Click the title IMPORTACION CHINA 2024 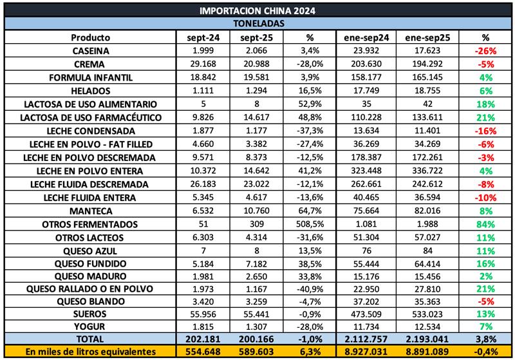pyautogui.click(x=257, y=11)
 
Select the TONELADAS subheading pyautogui.click(x=257, y=23)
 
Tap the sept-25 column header pyautogui.click(x=257, y=37)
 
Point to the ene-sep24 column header pyautogui.click(x=366, y=37)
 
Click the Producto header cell pyautogui.click(x=91, y=37)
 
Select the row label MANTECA pyautogui.click(x=91, y=211)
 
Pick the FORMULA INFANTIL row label pyautogui.click(x=91, y=77)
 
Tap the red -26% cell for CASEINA pyautogui.click(x=484, y=50)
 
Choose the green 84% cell pyautogui.click(x=484, y=224)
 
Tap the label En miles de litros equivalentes pyautogui.click(x=91, y=351)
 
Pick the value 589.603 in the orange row pyautogui.click(x=257, y=351)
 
